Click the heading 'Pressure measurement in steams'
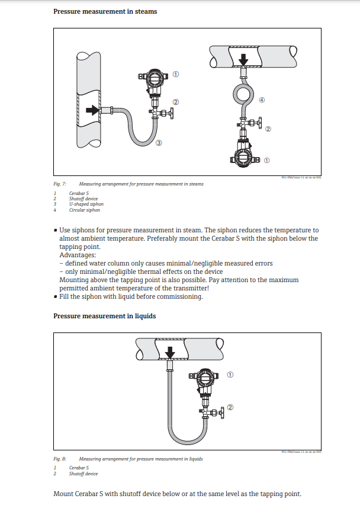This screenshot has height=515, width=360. [x=105, y=11]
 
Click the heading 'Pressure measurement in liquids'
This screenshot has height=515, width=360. [x=104, y=316]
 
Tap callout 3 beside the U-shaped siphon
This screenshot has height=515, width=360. [x=159, y=143]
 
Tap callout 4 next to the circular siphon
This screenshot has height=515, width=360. [x=262, y=100]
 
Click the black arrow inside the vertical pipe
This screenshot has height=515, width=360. [x=92, y=110]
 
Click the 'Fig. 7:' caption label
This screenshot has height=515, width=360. [x=60, y=184]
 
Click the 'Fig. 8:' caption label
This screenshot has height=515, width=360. [x=60, y=459]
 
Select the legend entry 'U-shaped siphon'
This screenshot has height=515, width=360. [x=86, y=204]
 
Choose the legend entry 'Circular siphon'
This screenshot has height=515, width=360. [x=84, y=210]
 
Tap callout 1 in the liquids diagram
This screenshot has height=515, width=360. [x=230, y=375]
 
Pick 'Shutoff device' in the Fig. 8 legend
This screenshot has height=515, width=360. [x=83, y=474]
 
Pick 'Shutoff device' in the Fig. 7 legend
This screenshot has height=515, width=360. [x=83, y=199]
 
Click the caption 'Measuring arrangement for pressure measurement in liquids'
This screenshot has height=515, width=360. [x=141, y=459]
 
